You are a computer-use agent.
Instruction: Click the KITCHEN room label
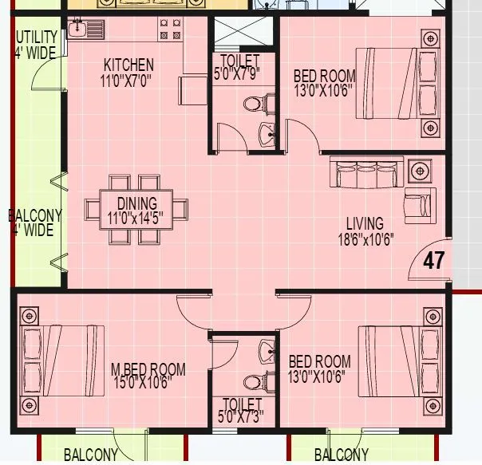coord(128,65)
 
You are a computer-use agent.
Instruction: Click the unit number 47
coord(433,261)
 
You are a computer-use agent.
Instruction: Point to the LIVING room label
coord(364,223)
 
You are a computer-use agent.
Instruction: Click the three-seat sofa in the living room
coord(366,173)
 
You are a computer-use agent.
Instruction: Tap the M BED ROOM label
coord(148,369)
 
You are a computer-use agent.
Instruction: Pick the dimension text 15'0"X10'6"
coord(148,383)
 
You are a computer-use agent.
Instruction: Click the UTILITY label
coord(36,37)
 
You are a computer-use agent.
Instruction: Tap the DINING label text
coord(137,203)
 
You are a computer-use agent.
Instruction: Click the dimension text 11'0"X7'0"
coord(126,79)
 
